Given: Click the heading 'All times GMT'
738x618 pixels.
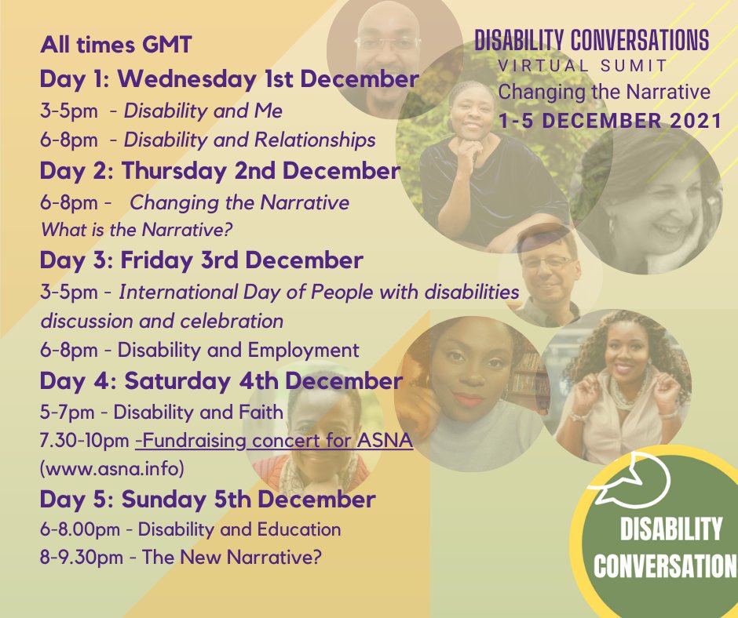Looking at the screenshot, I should click(115, 45).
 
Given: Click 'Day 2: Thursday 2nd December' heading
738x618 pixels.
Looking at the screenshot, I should click(220, 171).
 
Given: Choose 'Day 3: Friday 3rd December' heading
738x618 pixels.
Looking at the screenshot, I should click(201, 260).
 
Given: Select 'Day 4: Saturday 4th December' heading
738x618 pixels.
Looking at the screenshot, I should click(221, 381).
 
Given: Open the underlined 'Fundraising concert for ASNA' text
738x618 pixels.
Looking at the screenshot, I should click(274, 442).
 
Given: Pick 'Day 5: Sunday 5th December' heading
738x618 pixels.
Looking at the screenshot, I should click(207, 499).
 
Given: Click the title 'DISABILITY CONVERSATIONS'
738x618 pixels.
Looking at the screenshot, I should click(591, 40).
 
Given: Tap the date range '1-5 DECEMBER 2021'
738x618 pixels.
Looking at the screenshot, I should click(610, 121).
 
